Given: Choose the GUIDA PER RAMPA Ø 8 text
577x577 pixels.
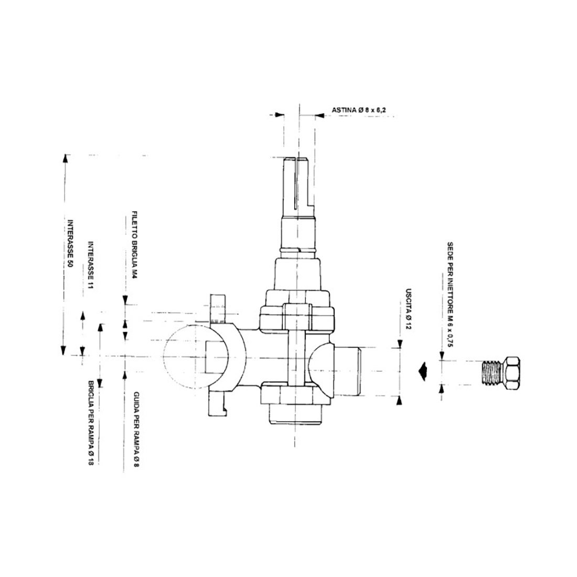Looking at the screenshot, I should click(135, 430).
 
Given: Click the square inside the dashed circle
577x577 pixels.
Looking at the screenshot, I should click(215, 356).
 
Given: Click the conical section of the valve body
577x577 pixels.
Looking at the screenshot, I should click(297, 273).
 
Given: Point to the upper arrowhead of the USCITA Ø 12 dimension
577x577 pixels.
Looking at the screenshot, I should click(400, 344).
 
